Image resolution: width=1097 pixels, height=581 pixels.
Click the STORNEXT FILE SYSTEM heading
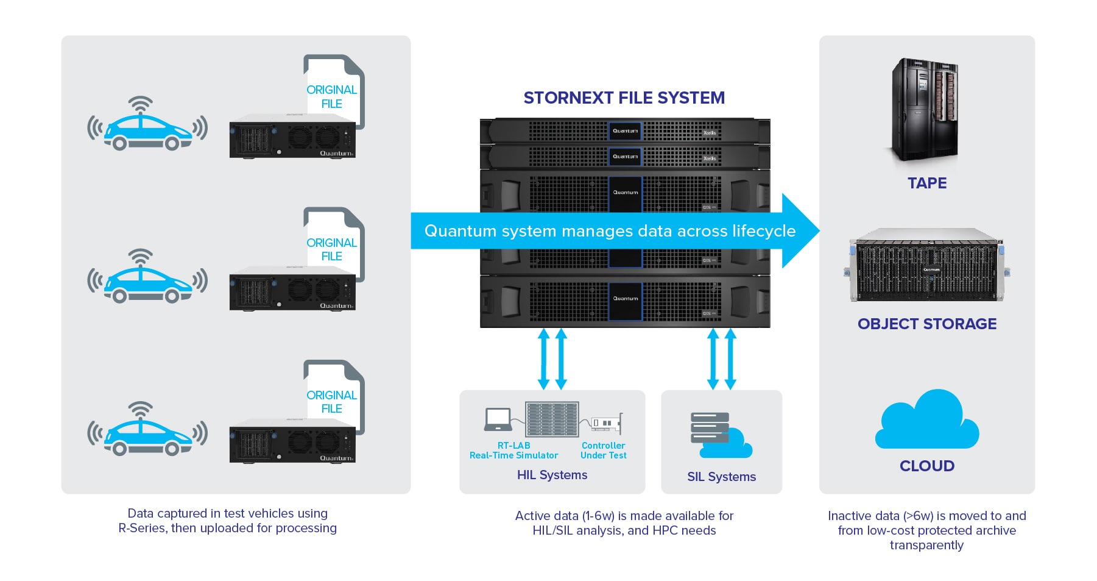pos(624,98)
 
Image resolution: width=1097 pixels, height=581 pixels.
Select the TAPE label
pos(926,183)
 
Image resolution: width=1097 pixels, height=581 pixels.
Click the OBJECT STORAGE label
pos(926,324)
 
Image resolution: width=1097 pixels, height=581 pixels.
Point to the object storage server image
pos(926,265)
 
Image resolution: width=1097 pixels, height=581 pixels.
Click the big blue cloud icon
pos(926,421)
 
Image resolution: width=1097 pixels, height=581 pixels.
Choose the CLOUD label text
pos(926,466)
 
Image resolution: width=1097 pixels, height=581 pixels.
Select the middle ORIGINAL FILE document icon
pos(334,244)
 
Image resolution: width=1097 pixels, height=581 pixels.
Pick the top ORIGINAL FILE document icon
pos(334,91)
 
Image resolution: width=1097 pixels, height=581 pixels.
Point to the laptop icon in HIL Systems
pos(498,419)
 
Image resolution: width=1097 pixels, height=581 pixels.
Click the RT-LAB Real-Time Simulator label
pos(513,451)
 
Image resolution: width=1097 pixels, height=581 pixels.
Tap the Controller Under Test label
pos(603,451)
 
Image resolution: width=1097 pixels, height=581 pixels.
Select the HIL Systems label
pos(552,475)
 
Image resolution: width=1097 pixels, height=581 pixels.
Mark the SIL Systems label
pos(721,477)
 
